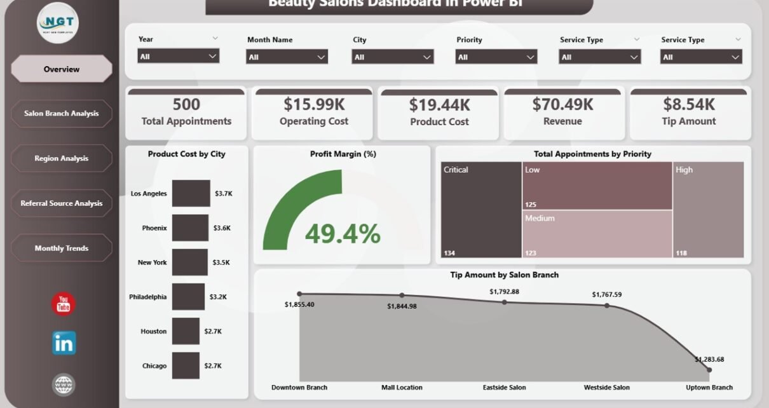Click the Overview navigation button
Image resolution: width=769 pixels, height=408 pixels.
point(62,69)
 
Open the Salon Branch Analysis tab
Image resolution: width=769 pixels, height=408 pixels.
point(62,113)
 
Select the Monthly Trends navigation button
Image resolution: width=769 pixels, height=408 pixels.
point(62,248)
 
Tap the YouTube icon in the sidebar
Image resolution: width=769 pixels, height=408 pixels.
point(64,304)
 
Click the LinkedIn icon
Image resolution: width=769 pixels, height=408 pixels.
point(64,343)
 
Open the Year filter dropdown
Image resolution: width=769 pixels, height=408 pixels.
point(179,56)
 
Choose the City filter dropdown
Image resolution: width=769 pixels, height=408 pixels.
point(392,57)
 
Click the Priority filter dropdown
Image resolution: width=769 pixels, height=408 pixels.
point(496,57)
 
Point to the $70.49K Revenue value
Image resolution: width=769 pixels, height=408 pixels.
point(562,104)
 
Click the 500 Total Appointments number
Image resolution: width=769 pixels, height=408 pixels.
point(186,104)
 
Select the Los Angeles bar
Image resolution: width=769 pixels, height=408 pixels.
point(191,193)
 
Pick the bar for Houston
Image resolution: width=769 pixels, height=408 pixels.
point(186,331)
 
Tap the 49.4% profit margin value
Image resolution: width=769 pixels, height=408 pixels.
point(343,233)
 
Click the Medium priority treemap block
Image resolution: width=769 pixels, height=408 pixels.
point(597,233)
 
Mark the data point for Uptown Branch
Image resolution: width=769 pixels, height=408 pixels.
point(709,369)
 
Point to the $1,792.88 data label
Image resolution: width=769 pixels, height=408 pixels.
point(504,292)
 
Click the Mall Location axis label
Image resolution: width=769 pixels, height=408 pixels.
point(402,387)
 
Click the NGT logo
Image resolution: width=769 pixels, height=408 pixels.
point(58,23)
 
